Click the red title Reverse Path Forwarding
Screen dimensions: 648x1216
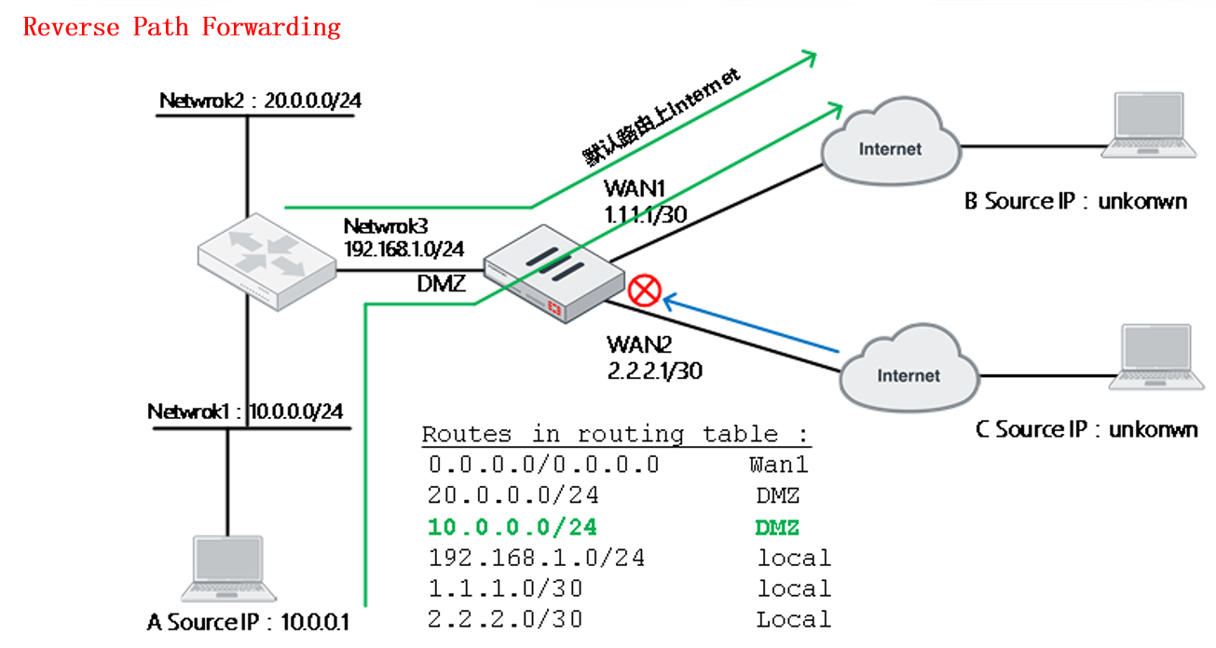[182, 27]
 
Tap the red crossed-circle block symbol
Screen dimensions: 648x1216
[644, 291]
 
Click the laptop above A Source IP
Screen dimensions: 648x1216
[227, 569]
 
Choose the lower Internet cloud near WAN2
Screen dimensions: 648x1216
[908, 372]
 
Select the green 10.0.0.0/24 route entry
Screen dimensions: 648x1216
[512, 527]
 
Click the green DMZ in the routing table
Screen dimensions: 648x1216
[776, 527]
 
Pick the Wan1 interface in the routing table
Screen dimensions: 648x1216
[778, 465]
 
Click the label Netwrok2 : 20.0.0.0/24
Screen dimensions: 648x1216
[259, 101]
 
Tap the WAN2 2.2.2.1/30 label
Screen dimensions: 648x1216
[653, 358]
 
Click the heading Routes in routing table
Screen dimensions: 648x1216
[616, 434]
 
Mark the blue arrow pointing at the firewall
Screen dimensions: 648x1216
[755, 325]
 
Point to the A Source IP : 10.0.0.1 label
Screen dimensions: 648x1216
[248, 621]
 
